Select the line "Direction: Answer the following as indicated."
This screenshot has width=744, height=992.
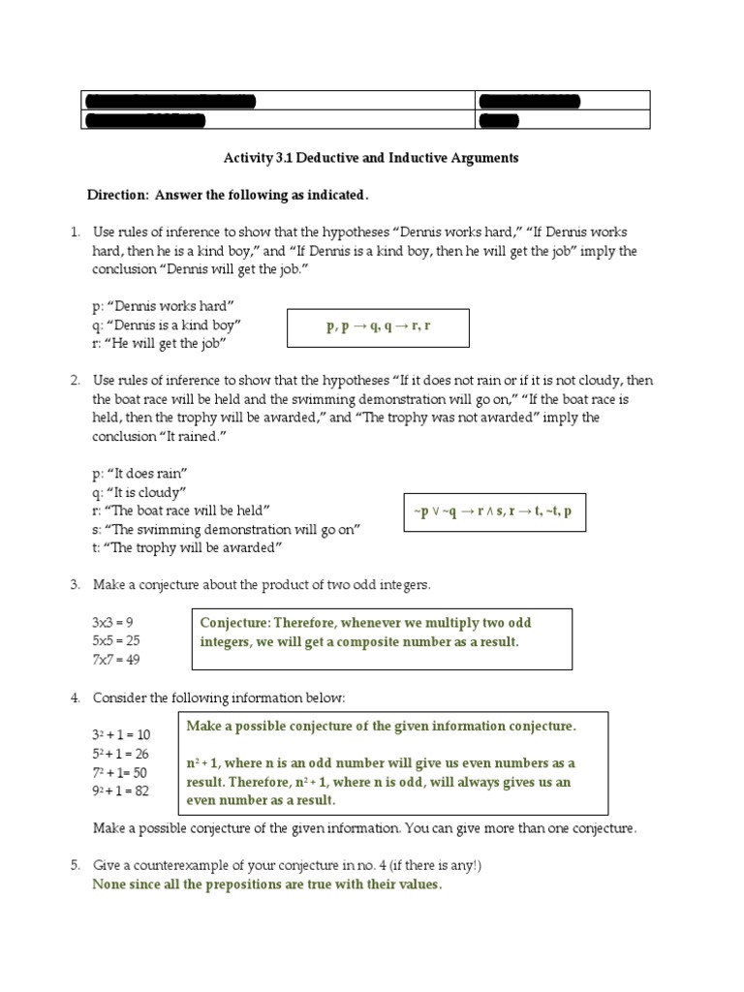pyautogui.click(x=229, y=195)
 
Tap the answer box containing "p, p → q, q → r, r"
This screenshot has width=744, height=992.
pyautogui.click(x=378, y=327)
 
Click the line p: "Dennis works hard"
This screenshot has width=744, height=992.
pyautogui.click(x=164, y=306)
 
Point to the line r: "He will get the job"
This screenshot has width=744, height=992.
pyautogui.click(x=161, y=343)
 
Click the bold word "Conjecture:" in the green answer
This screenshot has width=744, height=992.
pyautogui.click(x=238, y=622)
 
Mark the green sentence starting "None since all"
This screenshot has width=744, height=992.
pyautogui.click(x=267, y=884)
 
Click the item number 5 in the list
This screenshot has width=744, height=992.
pyautogui.click(x=75, y=866)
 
